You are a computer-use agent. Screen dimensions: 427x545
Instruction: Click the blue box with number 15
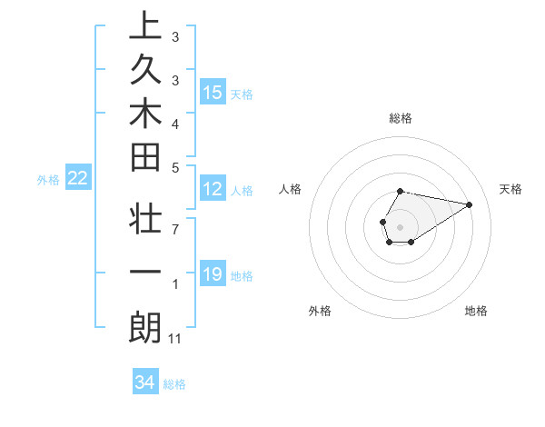213,93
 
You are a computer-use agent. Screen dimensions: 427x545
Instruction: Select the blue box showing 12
213,190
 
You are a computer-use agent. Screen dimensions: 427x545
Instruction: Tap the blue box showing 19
213,274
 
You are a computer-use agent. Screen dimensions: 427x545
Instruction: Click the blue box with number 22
78,179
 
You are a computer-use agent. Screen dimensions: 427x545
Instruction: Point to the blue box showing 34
145,382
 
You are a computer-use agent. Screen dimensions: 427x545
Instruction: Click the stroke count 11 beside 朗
175,339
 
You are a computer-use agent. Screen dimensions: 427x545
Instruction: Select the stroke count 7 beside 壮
174,228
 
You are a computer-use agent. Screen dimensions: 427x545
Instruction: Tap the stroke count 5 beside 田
174,167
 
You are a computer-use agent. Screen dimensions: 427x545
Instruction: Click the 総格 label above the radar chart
401,118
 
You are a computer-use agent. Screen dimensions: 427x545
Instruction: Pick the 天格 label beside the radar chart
511,189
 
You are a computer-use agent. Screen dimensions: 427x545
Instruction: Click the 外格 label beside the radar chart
320,311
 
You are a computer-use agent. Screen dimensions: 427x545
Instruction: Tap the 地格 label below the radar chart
476,311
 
